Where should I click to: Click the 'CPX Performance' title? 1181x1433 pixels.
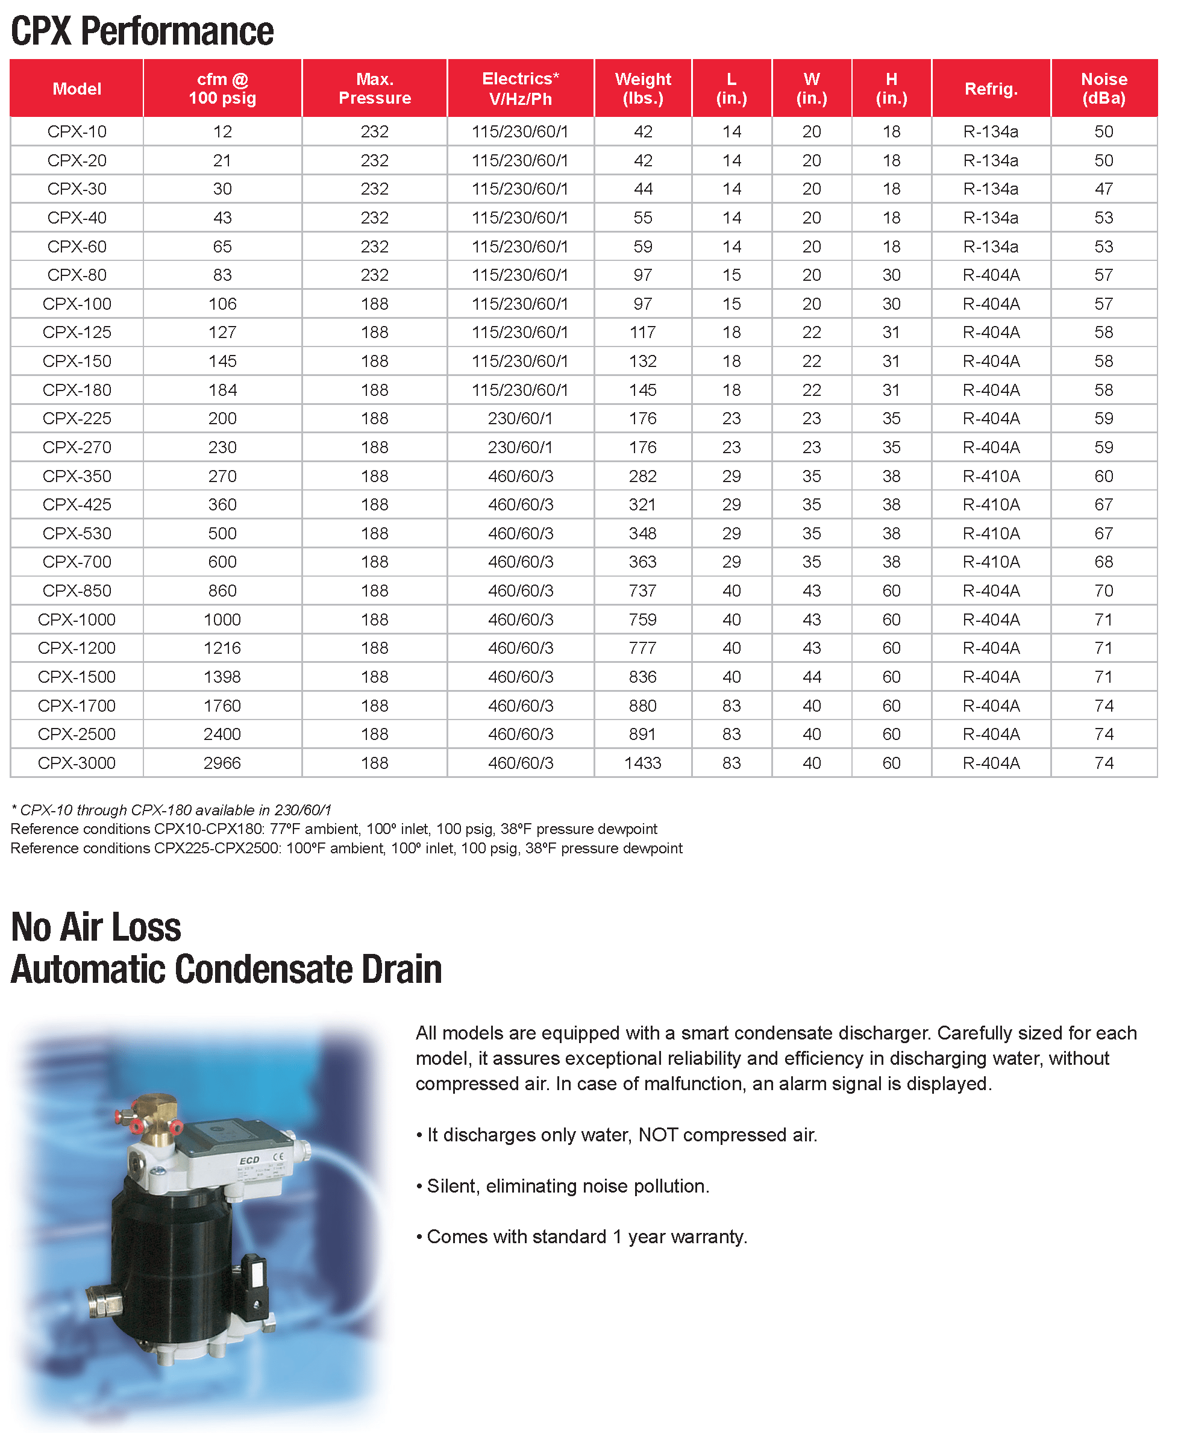tap(142, 31)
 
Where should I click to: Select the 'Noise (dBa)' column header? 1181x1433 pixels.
tap(1103, 89)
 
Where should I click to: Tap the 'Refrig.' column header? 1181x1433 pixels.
tap(991, 89)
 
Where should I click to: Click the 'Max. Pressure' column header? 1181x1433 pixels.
tap(374, 89)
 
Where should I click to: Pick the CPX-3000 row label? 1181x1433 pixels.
tap(77, 763)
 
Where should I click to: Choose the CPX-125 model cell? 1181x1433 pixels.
tap(77, 332)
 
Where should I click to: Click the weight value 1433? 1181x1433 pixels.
tap(642, 763)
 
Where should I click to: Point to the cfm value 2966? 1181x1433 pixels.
tap(222, 763)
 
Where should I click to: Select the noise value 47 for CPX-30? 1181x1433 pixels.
tap(1103, 189)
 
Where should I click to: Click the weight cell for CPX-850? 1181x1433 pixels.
tap(642, 591)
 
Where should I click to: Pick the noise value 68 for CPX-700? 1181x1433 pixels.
tap(1103, 562)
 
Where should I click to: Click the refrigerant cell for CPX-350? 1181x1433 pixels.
tap(991, 476)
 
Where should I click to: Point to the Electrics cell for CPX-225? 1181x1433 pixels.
tap(520, 418)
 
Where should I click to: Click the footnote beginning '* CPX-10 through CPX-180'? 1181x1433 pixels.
tap(172, 810)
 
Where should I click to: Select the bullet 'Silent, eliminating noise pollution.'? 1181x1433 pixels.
tap(563, 1186)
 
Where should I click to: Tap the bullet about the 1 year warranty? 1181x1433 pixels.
tap(582, 1237)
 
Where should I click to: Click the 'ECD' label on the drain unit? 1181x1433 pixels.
tap(249, 1160)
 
